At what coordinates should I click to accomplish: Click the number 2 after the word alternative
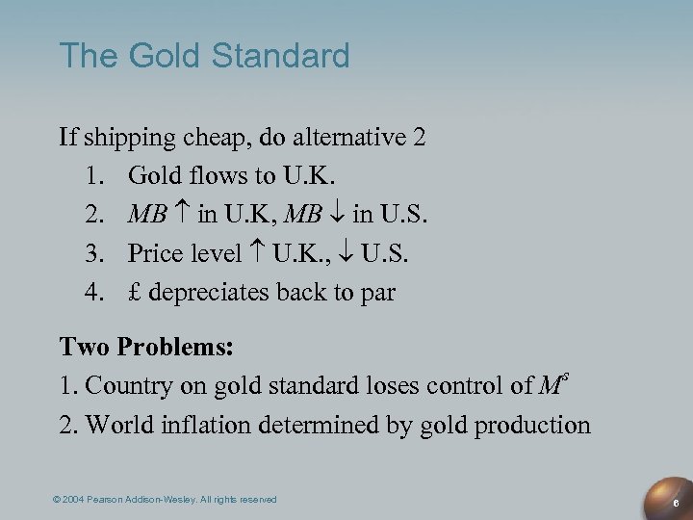418,137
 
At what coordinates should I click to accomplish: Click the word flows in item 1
203,175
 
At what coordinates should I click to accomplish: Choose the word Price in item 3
155,253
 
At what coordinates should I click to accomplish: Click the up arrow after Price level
256,253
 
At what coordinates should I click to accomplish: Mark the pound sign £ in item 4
135,292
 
